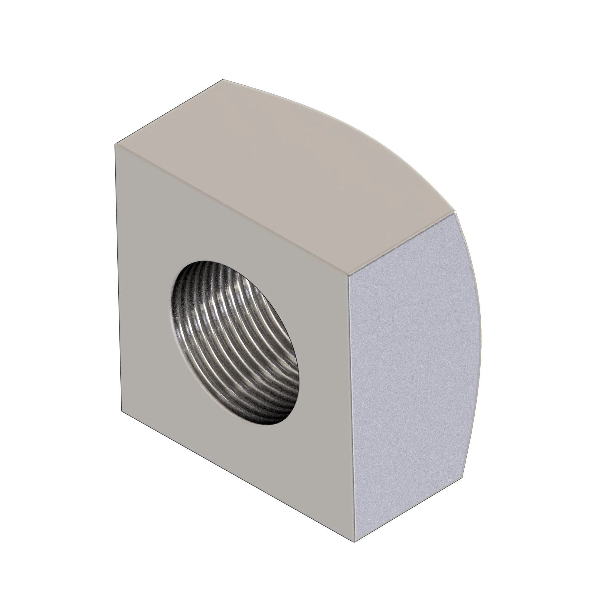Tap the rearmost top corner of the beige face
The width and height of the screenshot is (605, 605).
[223, 80]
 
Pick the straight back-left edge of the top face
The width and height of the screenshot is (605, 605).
[169, 112]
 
